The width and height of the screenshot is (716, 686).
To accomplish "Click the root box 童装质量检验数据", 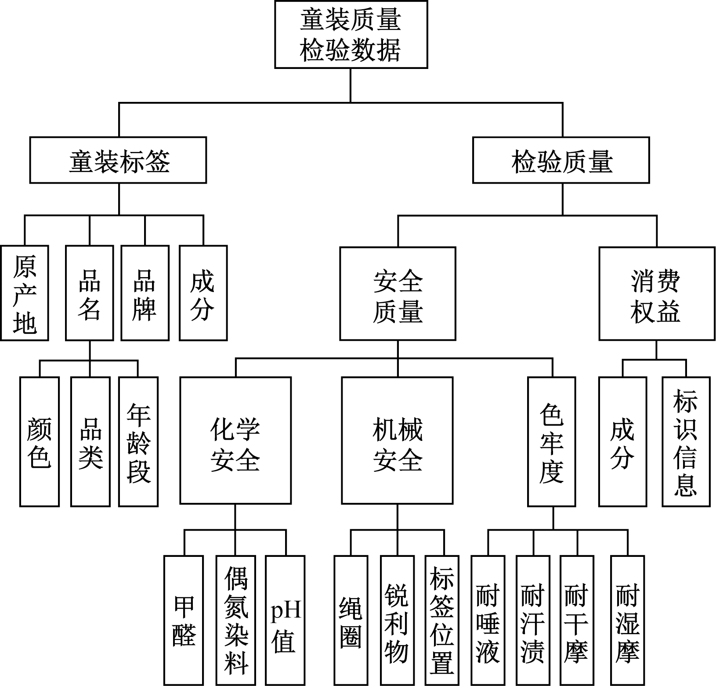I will (x=351, y=34).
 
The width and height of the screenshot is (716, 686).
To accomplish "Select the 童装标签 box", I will (x=118, y=160).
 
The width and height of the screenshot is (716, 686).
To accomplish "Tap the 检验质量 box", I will (x=561, y=160).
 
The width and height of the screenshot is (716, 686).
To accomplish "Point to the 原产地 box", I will (x=25, y=293).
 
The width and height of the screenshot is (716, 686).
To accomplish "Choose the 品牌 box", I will (x=145, y=293).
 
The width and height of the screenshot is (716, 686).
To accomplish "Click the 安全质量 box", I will (x=398, y=293).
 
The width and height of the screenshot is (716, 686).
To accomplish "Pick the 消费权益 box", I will (x=657, y=293).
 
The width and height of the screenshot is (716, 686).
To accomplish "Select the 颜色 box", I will (x=40, y=441).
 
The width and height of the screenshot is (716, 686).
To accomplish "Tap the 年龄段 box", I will (x=138, y=441).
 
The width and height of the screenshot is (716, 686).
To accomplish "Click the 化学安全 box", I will (x=235, y=440).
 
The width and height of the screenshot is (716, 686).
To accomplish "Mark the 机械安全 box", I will (x=397, y=440).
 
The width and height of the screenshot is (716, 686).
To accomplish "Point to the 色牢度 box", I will (x=552, y=441).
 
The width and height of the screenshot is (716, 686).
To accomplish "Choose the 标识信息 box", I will (x=686, y=441).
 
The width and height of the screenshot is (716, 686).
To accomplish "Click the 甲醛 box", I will (x=184, y=620).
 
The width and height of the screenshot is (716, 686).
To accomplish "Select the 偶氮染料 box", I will (x=236, y=620).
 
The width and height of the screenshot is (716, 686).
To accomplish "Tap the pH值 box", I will (x=285, y=620).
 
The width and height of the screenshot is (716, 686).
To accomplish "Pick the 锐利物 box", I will (x=397, y=620).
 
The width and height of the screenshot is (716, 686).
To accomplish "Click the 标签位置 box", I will (x=442, y=620).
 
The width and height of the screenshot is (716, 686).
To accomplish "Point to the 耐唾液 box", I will (x=488, y=620).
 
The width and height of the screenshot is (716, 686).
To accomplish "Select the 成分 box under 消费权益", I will (x=623, y=441).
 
